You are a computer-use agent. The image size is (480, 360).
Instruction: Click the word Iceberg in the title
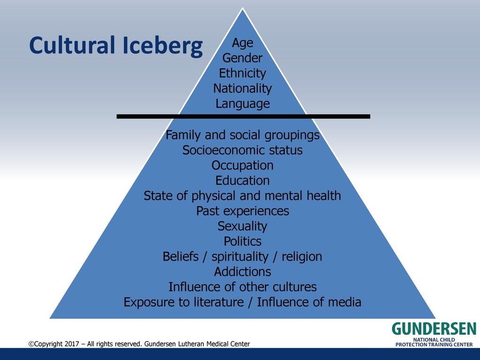(162, 46)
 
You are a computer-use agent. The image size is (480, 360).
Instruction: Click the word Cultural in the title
(72, 45)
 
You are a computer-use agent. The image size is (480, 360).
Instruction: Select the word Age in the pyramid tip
(242, 43)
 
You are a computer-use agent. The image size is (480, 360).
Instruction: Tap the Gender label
(242, 58)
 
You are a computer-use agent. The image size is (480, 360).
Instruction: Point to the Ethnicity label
(242, 74)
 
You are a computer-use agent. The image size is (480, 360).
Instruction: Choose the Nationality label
(242, 89)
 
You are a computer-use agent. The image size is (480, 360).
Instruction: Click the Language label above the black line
(242, 104)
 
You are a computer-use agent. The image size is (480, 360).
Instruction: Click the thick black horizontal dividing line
(243, 116)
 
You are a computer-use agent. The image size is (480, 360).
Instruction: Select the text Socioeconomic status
(242, 150)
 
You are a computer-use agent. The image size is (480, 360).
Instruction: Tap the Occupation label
(242, 165)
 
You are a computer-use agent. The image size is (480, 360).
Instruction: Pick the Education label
(242, 180)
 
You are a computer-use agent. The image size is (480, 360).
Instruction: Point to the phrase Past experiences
(242, 211)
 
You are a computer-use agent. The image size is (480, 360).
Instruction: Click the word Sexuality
(242, 226)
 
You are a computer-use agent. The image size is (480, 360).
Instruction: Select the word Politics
(242, 241)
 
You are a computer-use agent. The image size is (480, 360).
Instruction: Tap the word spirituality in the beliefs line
(240, 257)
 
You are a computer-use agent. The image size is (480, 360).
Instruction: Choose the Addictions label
(242, 272)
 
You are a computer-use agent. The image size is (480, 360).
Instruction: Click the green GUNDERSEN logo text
(434, 329)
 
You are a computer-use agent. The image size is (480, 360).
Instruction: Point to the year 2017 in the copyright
(72, 344)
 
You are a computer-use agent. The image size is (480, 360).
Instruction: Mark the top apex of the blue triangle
(242, 8)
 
